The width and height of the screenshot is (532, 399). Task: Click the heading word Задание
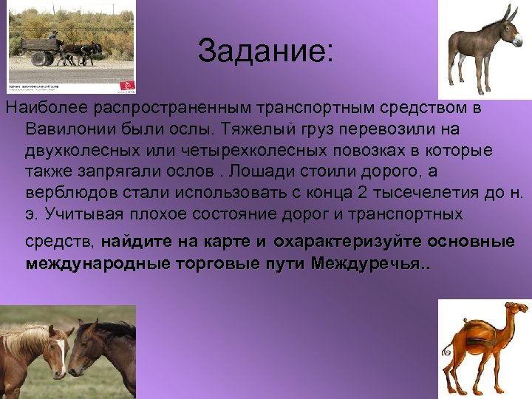click(265, 51)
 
